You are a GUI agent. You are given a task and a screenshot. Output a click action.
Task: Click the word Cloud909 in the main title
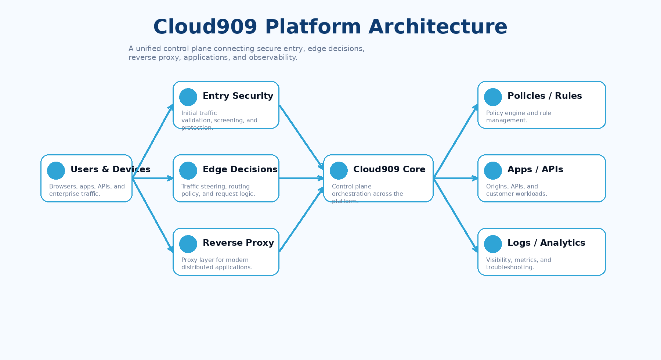(x=205, y=27)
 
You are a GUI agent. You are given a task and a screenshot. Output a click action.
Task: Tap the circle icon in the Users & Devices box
(x=56, y=171)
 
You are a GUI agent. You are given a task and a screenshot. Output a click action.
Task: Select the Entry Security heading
(x=238, y=96)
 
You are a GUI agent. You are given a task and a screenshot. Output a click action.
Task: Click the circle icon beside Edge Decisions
(x=188, y=171)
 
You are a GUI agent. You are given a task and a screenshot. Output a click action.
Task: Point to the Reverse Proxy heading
(x=238, y=243)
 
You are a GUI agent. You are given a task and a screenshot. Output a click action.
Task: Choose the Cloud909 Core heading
(x=389, y=169)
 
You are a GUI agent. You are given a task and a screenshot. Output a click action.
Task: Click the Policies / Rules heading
(x=544, y=96)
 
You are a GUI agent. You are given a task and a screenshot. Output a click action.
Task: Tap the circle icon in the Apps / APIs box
(x=493, y=171)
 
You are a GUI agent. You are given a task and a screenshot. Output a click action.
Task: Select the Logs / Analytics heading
(x=546, y=243)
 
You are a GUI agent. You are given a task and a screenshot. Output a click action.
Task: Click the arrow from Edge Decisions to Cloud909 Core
(x=301, y=178)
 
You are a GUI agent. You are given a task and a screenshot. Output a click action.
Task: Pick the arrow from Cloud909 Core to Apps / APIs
(x=455, y=178)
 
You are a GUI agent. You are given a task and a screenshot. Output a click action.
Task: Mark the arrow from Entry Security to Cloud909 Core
(x=301, y=137)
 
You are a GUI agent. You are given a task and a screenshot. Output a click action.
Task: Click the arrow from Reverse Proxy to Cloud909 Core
(x=301, y=220)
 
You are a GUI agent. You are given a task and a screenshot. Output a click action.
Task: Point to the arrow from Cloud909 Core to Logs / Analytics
(x=455, y=215)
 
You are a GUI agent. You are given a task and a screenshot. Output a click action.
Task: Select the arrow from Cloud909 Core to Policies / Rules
(x=455, y=142)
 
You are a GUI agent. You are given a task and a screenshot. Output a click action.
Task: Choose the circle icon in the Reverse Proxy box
(x=188, y=244)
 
